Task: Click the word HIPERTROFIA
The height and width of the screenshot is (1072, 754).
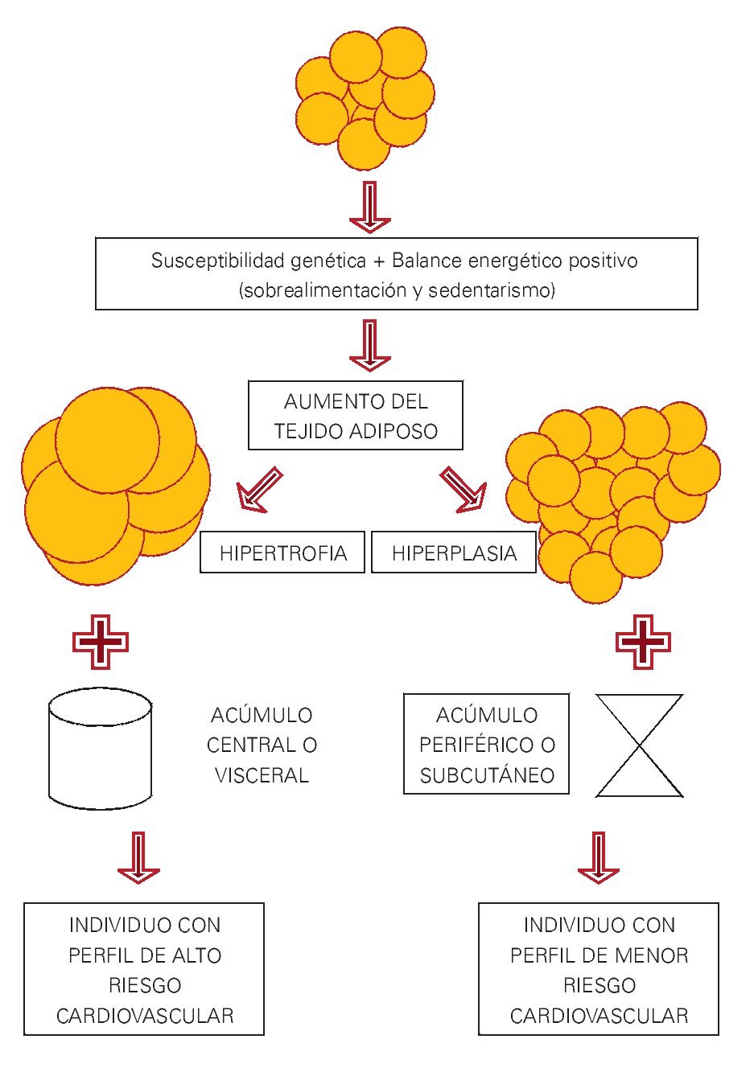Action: [282, 553]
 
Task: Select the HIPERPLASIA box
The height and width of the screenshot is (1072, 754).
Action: [454, 553]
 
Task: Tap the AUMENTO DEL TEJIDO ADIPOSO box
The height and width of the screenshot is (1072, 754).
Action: [356, 416]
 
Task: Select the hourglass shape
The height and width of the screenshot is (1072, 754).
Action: [639, 745]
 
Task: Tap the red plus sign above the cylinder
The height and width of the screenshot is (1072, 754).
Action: [101, 642]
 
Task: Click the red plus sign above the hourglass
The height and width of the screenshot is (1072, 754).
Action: [643, 642]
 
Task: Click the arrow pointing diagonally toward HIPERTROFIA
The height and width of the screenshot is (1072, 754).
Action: [259, 490]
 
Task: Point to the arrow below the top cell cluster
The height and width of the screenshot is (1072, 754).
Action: [369, 207]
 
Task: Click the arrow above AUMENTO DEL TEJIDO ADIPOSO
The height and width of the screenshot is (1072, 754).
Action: [369, 346]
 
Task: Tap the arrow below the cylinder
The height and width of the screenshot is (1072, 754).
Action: [138, 858]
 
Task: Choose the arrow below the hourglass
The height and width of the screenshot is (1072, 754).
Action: [599, 858]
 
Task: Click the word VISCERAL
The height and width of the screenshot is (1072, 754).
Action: [262, 775]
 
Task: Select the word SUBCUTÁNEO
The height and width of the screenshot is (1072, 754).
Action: [487, 775]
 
